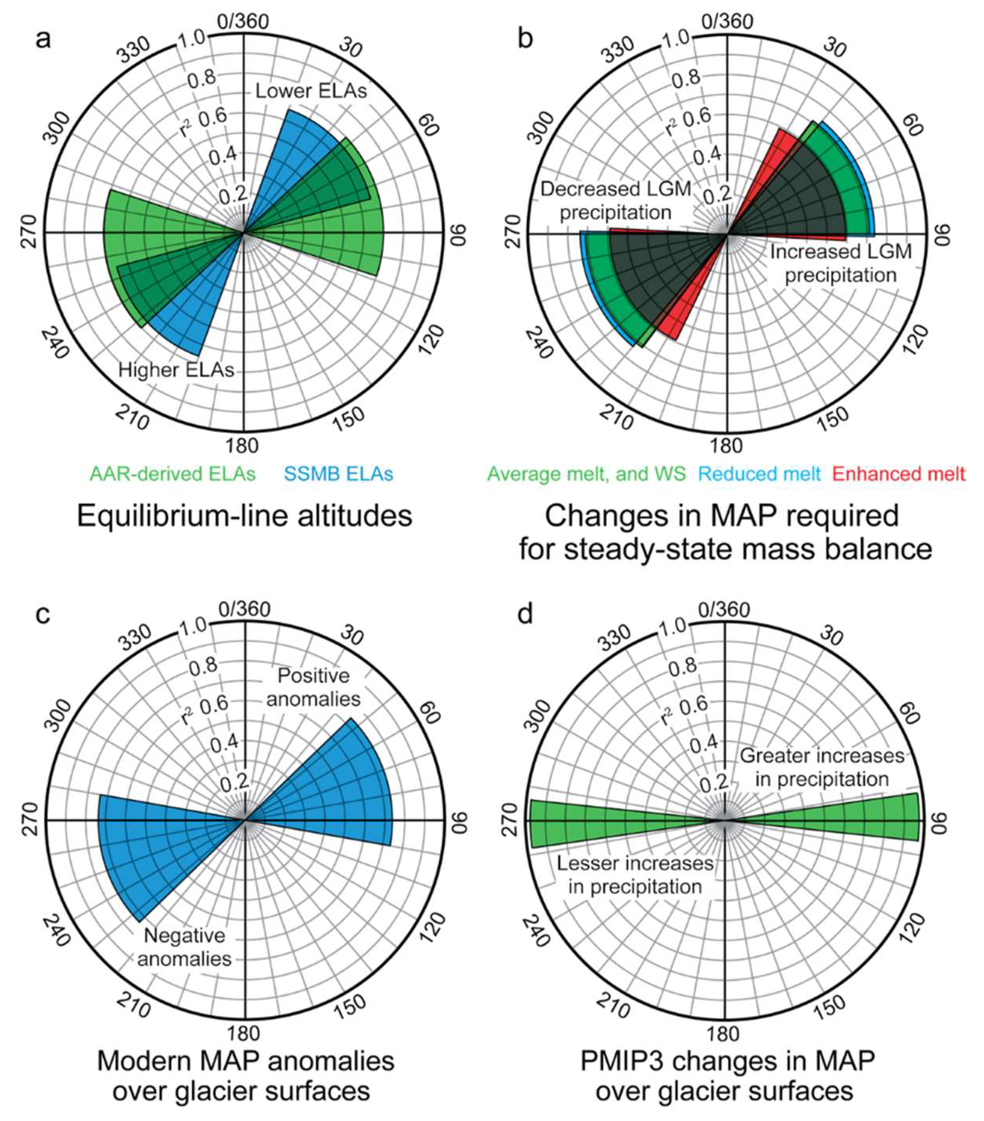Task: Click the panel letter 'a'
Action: coord(42,39)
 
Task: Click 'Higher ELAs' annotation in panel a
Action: coord(176,370)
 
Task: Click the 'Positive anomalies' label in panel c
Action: coord(314,688)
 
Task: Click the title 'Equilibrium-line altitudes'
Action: coord(244,516)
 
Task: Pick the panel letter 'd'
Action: coord(525,614)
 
